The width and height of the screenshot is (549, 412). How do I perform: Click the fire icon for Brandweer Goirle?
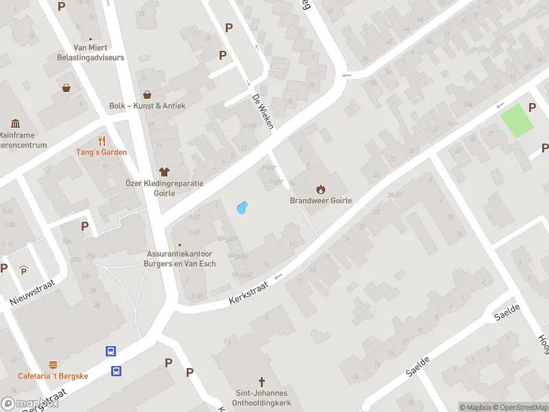(320, 189)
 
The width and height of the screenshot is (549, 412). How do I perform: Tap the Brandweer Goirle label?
(320, 201)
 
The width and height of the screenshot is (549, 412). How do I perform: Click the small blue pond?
(241, 207)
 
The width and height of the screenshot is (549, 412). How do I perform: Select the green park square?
(517, 120)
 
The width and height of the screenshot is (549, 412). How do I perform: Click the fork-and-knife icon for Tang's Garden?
(102, 141)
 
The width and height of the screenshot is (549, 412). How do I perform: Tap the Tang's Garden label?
(102, 152)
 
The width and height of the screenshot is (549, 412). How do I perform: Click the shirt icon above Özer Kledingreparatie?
(164, 171)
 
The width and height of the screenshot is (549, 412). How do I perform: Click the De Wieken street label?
(263, 111)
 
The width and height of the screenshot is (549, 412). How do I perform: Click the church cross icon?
(261, 381)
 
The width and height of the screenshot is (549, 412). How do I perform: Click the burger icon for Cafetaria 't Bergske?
(53, 364)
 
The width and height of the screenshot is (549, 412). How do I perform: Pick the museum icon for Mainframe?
(15, 124)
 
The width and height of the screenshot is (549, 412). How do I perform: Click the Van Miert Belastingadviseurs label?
(91, 53)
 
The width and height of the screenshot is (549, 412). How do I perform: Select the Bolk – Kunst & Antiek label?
(147, 106)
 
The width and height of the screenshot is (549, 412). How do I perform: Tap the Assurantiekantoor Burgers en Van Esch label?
(181, 258)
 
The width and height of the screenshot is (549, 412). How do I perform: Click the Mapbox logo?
(29, 404)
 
